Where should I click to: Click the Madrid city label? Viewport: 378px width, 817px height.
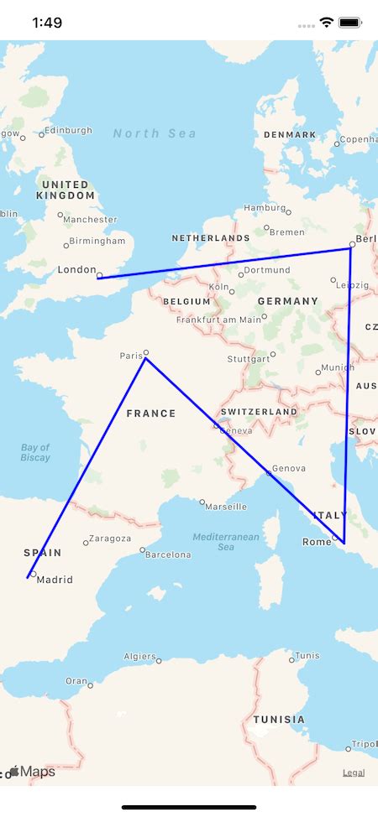[x=55, y=580]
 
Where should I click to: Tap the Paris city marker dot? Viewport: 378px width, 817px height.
[x=146, y=352]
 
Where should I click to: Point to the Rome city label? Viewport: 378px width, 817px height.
[x=317, y=542]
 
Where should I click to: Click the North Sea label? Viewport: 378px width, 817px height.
[x=155, y=133]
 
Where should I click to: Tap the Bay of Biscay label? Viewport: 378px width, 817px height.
[x=35, y=453]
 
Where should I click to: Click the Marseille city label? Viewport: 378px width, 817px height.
[x=226, y=507]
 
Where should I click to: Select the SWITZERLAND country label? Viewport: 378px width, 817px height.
[x=259, y=413]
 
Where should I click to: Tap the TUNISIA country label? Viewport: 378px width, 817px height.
[x=279, y=720]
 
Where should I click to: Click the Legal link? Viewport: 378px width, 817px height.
[x=354, y=773]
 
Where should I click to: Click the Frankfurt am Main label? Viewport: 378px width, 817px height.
[x=218, y=320]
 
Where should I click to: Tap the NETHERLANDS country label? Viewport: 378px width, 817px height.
[x=211, y=238]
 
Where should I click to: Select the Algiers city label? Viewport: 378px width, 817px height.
[x=139, y=657]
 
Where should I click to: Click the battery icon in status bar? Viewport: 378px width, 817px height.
[x=351, y=23]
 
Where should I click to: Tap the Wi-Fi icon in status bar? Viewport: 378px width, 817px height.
[x=327, y=23]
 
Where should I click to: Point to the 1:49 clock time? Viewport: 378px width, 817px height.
[x=47, y=23]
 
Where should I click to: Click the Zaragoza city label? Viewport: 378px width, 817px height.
[x=110, y=539]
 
